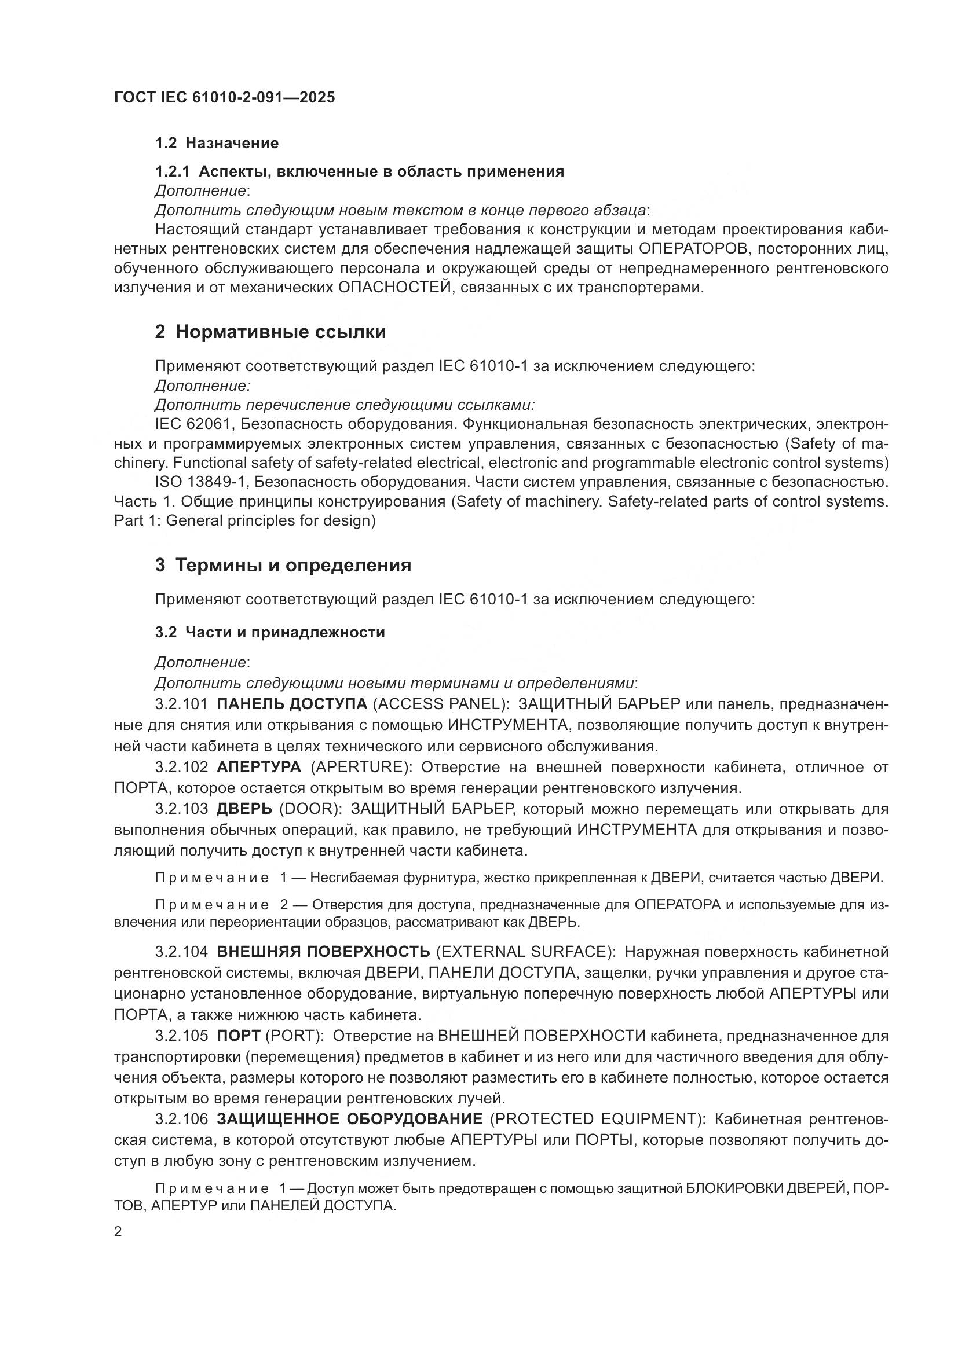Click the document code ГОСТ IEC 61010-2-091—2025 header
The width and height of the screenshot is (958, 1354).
224,97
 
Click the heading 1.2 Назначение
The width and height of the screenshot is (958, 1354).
217,144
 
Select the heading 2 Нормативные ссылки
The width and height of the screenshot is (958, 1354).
270,332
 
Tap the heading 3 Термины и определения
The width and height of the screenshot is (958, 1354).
283,565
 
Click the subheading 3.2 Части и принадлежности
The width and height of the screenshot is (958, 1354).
269,632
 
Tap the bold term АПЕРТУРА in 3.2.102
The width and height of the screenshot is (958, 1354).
259,767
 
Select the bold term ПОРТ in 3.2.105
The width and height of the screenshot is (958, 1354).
238,1036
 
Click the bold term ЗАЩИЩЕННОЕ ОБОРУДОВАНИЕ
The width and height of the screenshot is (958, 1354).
350,1119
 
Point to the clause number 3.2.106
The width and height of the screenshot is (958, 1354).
181,1119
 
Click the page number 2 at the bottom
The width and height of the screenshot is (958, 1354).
118,1231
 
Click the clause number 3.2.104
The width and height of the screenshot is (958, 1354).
181,951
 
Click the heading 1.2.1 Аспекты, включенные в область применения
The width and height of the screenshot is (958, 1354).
359,171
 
